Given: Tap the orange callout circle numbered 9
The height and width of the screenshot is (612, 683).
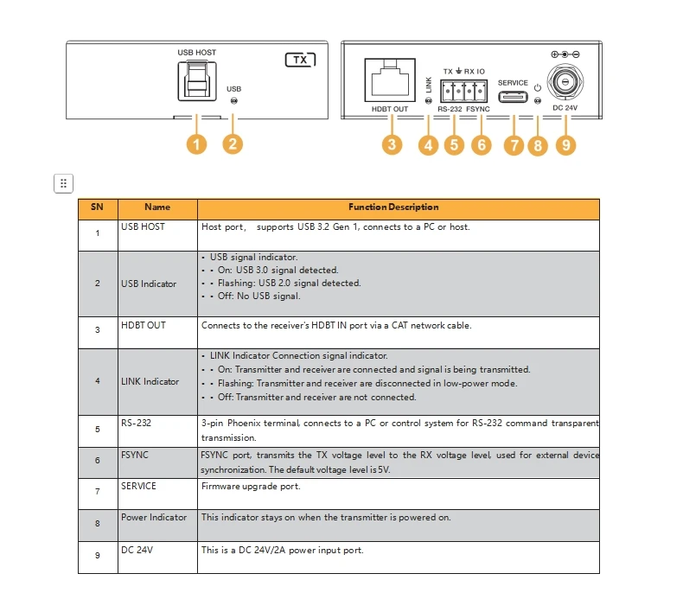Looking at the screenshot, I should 565,144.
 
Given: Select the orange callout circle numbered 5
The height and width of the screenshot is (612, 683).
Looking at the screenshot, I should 454,144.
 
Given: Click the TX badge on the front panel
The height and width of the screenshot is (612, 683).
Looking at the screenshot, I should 300,61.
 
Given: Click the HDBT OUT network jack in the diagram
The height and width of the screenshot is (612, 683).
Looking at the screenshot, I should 389,82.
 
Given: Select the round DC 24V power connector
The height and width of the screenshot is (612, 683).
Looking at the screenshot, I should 565,83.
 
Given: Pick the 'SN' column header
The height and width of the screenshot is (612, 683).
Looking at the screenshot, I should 98,207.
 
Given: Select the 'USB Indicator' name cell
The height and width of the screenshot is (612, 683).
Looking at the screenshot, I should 149,284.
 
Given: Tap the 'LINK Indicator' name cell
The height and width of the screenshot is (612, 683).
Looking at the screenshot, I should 150,381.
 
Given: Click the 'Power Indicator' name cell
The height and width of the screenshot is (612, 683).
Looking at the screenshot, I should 154,517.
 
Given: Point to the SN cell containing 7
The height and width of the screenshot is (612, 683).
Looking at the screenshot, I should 98,493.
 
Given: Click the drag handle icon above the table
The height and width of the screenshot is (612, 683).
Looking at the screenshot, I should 63,183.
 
